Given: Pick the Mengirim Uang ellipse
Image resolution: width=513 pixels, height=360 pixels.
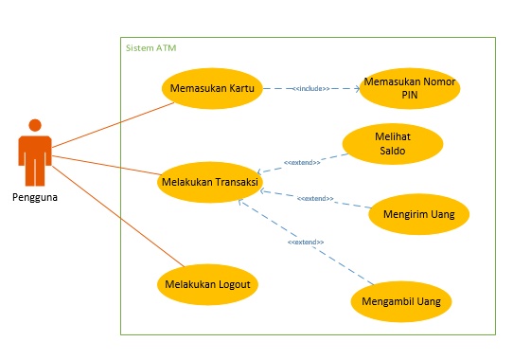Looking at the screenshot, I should coord(418,214).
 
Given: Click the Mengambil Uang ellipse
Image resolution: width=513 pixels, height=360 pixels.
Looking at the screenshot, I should coord(401,302).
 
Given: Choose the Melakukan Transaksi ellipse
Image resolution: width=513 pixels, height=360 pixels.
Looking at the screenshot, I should coord(209,181).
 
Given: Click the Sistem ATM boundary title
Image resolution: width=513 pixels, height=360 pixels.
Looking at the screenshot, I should coord(151,47).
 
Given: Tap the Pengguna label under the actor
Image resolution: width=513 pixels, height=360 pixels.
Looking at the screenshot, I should coord(35,197).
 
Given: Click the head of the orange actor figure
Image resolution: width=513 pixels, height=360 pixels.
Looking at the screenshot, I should coord(35,125).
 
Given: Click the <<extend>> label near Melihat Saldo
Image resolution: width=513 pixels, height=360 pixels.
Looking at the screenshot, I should coord(302,163).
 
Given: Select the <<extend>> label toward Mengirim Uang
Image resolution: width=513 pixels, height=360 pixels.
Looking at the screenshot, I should coord(315,198).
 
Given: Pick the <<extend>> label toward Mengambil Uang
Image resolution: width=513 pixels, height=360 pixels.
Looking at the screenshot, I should coord(306,243).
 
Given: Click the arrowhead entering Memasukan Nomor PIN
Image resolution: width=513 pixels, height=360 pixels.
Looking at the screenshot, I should coord(358,89).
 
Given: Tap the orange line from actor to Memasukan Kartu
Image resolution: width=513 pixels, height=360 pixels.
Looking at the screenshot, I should coord(114,126).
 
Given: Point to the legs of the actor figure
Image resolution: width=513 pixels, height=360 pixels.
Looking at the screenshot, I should coord(35,171).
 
